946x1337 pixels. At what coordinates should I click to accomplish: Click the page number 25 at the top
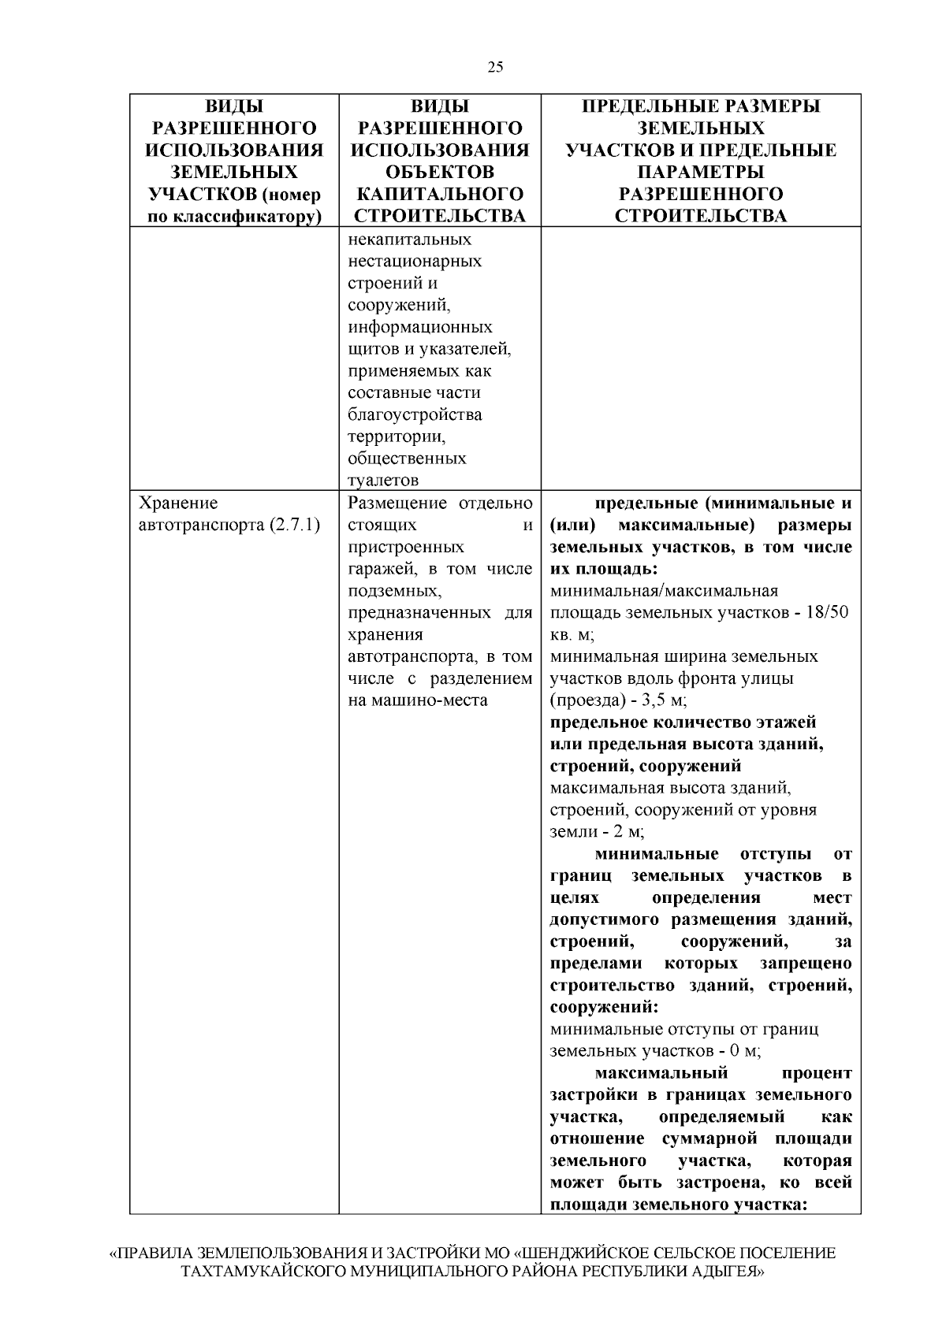[x=495, y=67]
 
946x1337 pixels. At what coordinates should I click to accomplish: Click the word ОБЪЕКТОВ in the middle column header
[x=441, y=172]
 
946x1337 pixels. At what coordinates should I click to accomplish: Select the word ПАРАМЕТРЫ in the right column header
[x=701, y=172]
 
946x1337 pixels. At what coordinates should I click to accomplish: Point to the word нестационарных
[x=415, y=261]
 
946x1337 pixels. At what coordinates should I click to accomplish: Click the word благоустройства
[x=415, y=414]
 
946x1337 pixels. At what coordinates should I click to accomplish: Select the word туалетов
[x=383, y=480]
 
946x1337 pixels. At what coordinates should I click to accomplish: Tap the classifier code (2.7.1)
[x=292, y=525]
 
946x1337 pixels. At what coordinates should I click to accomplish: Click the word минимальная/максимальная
[x=664, y=591]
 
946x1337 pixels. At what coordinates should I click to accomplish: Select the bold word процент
[x=818, y=1073]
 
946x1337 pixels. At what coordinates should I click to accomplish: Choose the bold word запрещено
[x=806, y=964]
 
